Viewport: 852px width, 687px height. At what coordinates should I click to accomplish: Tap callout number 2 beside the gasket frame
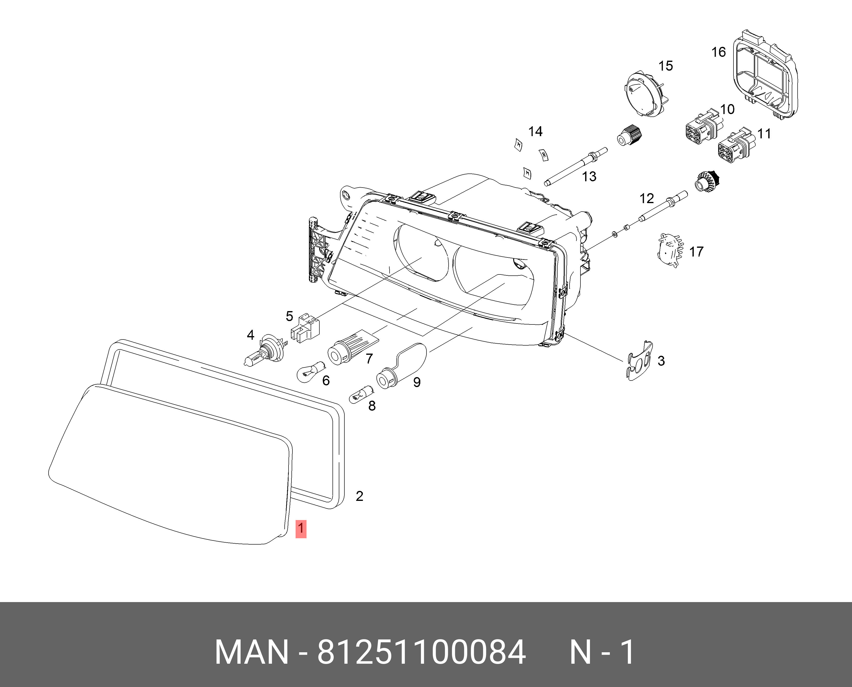[x=359, y=496]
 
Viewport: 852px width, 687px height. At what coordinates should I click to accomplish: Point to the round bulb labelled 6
[x=311, y=371]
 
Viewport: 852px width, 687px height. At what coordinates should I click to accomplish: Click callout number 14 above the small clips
[x=536, y=131]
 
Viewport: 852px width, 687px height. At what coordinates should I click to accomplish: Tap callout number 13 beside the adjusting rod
[x=589, y=176]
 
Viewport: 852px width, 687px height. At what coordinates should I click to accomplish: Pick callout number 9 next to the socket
[x=417, y=382]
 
